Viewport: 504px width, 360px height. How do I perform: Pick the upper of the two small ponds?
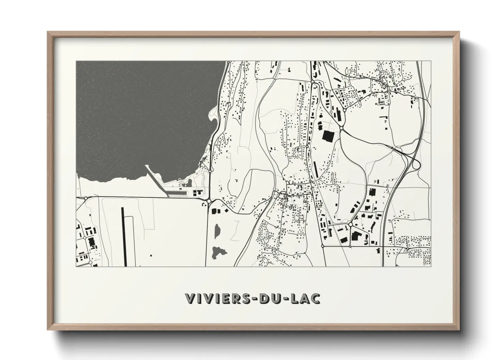217,231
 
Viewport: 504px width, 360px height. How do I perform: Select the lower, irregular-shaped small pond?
216,252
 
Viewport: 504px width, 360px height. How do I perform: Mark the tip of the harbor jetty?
146,166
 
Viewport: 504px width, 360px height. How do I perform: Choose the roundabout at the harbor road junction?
208,201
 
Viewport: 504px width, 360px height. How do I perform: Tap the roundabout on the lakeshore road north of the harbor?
211,169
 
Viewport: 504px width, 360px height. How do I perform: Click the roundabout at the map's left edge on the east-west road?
85,197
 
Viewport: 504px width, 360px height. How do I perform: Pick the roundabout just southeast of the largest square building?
341,128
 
